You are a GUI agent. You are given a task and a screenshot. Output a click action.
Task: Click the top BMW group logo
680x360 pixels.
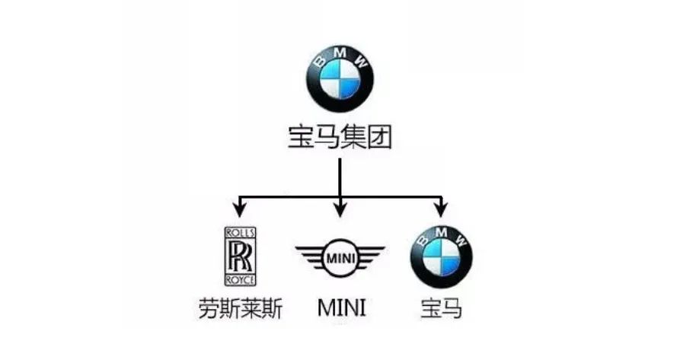[x=340, y=80]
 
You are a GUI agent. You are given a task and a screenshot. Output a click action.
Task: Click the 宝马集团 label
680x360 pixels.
[x=340, y=139]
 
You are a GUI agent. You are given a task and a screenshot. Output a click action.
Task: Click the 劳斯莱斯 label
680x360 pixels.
[x=240, y=309]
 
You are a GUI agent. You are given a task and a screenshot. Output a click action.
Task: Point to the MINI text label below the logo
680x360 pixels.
[x=340, y=309]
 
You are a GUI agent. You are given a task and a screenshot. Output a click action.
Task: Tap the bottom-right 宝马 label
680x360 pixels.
[x=441, y=309]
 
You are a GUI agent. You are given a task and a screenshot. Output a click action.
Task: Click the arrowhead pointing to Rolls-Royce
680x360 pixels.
[x=241, y=208]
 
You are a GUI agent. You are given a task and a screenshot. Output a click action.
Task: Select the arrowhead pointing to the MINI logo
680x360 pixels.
[x=340, y=208]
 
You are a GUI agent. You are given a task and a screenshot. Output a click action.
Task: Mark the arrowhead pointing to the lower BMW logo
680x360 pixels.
[x=439, y=208]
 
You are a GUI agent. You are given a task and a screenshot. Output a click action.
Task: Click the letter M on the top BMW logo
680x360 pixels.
[x=340, y=53]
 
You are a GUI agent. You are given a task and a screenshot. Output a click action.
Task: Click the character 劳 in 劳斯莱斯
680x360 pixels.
[x=207, y=309]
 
